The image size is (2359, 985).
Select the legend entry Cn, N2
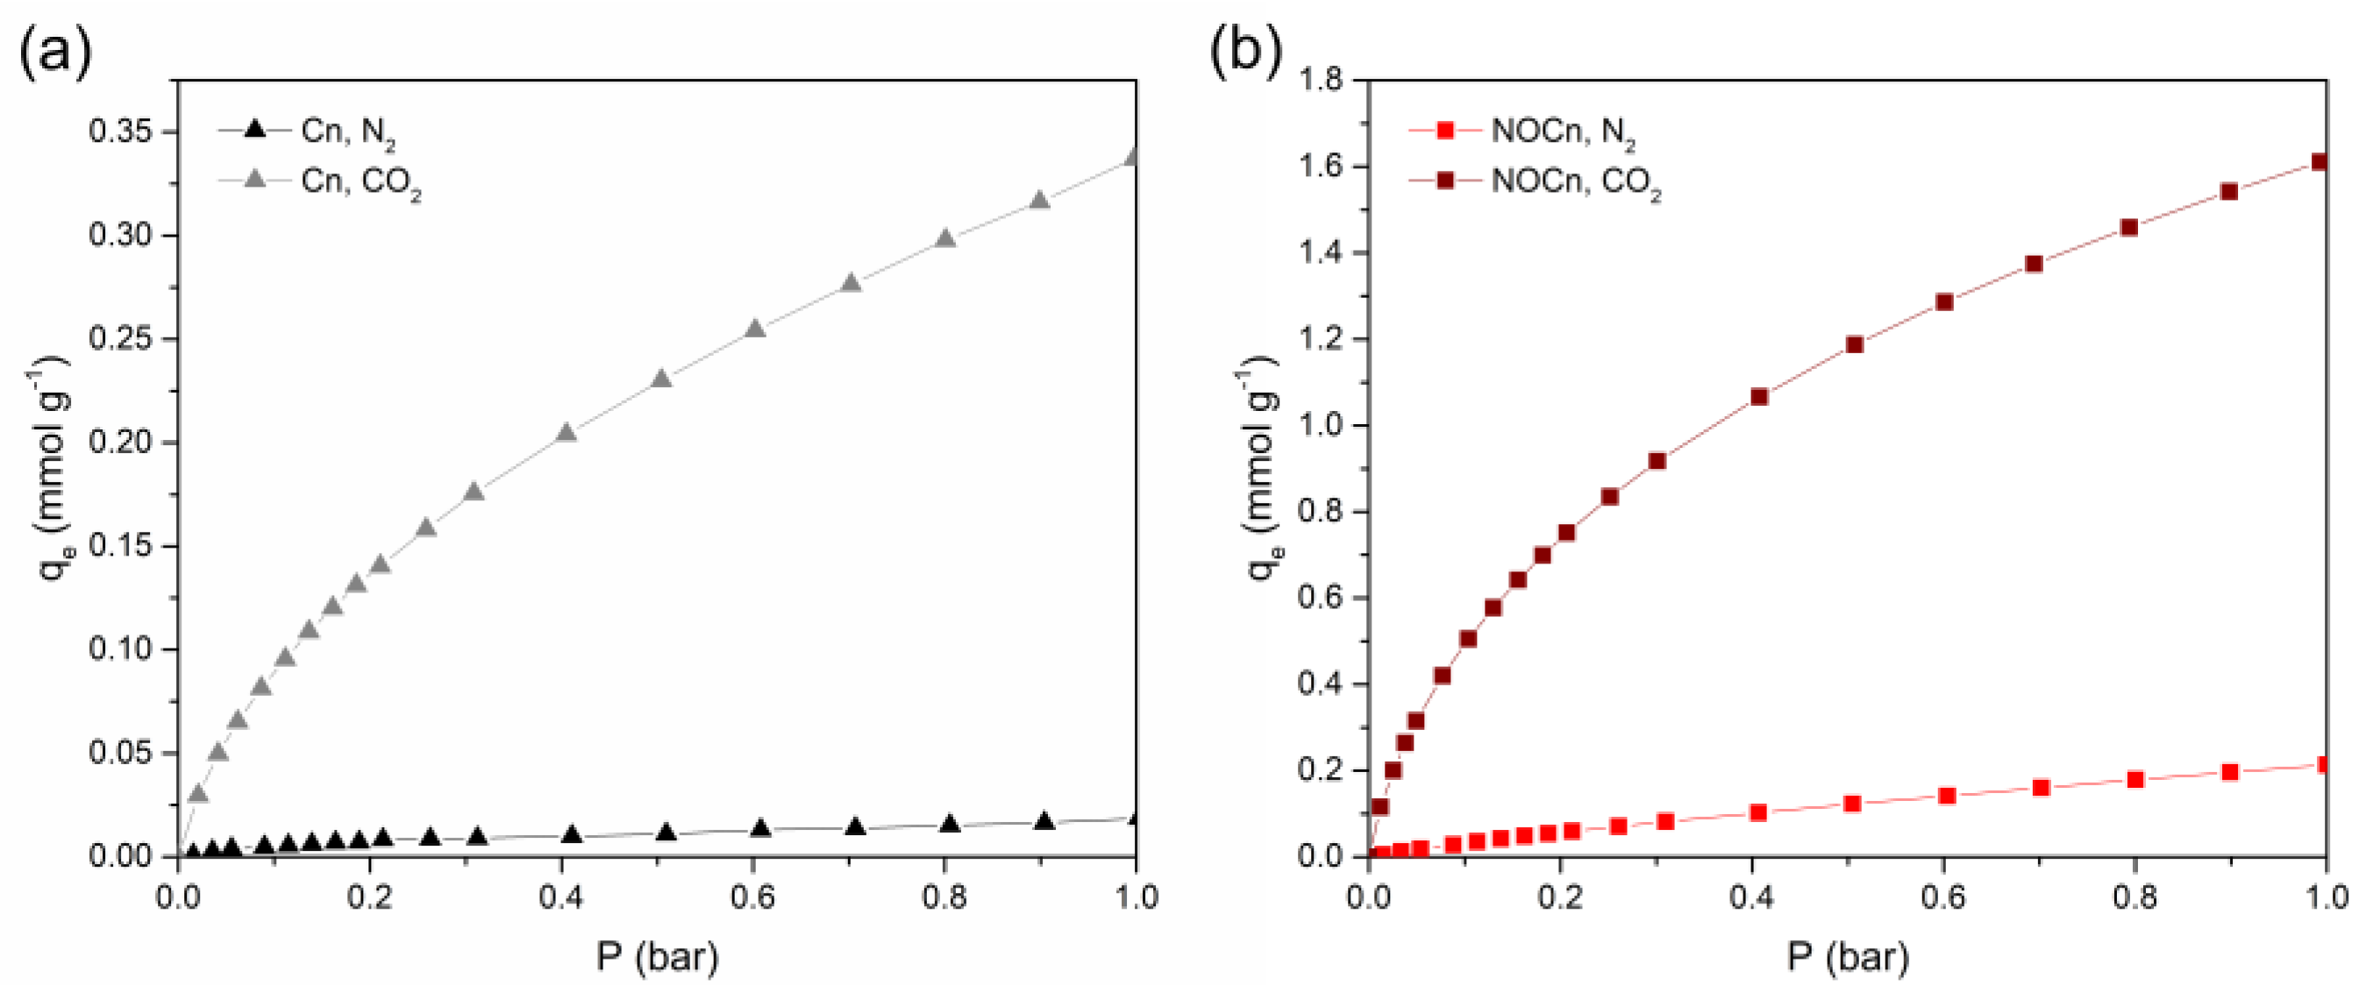click(x=347, y=131)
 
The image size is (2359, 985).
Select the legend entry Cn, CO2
click(x=360, y=182)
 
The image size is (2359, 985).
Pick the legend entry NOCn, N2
click(x=1561, y=131)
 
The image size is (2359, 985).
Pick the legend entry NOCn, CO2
click(x=1574, y=182)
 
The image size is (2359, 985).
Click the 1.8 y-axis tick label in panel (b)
click(x=1320, y=81)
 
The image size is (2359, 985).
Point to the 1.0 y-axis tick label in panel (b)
click(x=1320, y=426)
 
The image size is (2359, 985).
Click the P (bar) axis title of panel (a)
click(x=657, y=958)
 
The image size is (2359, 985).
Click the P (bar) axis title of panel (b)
click(x=1847, y=958)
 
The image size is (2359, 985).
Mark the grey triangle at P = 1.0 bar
click(x=1134, y=158)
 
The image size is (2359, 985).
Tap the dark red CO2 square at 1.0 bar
click(x=2320, y=163)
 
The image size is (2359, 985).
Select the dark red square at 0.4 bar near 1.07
click(x=1758, y=396)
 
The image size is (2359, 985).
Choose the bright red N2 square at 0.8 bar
click(x=2135, y=780)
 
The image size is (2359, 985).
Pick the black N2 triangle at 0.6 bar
click(x=760, y=829)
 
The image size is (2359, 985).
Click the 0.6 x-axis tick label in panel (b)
click(x=1943, y=897)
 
